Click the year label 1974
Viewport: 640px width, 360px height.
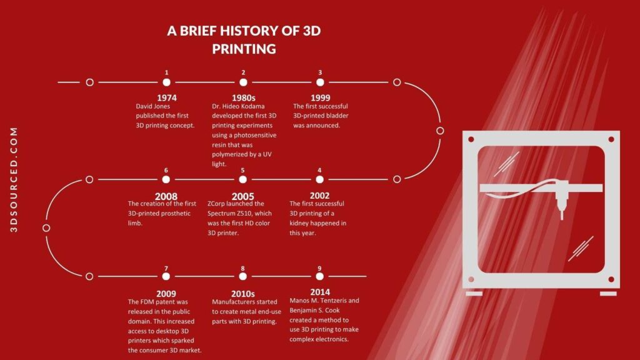coord(166,97)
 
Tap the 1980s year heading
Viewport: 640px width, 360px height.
coord(243,97)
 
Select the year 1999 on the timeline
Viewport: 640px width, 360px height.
coord(320,97)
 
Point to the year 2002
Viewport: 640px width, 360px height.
coord(319,196)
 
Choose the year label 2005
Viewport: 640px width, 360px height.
coord(242,196)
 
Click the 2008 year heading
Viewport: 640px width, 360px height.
coord(166,196)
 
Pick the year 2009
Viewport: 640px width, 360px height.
coord(166,294)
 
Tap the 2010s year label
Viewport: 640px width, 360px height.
coord(243,294)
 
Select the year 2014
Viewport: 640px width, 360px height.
coord(319,292)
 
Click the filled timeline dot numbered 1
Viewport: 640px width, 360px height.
coord(166,82)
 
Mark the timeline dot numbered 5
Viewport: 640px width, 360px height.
coord(242,179)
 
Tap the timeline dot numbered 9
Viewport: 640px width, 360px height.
coord(319,276)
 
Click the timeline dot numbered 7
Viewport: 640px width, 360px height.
coord(166,276)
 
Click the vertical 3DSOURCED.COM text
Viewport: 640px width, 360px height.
coord(14,180)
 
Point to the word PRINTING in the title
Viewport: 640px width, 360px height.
coord(244,49)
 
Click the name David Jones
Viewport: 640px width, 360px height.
coord(152,106)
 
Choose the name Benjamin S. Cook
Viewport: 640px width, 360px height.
coord(315,310)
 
